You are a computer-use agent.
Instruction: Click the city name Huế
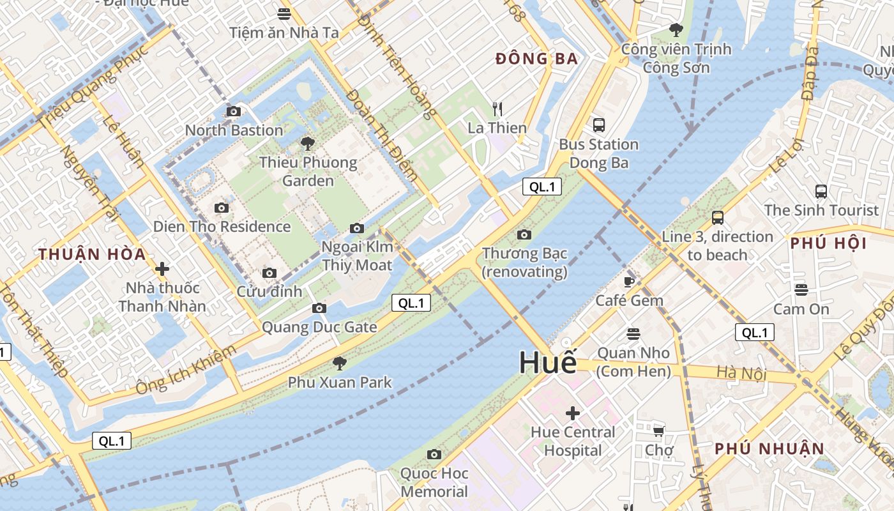tap(547, 363)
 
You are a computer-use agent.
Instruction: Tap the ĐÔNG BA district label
tap(536, 59)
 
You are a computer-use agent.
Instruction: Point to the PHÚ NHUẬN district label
tap(769, 448)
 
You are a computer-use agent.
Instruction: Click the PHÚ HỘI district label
tap(828, 243)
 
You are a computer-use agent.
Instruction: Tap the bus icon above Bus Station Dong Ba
tap(598, 125)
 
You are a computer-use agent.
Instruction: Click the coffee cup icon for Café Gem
tap(629, 282)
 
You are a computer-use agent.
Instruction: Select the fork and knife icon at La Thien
tap(497, 109)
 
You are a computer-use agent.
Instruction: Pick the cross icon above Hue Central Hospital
tap(573, 413)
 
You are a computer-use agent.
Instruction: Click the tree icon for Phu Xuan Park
tap(340, 363)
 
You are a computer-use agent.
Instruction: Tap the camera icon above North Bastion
tap(234, 112)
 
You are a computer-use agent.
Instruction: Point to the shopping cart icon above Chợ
tap(658, 432)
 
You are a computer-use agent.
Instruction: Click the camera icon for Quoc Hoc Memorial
tap(434, 455)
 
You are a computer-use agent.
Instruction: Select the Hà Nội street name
tap(741, 372)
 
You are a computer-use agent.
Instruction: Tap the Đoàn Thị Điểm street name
tap(382, 135)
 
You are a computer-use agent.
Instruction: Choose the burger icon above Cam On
tap(801, 290)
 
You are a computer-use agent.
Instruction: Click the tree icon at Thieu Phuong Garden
tap(308, 144)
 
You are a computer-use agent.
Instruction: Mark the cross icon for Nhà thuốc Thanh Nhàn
tap(162, 269)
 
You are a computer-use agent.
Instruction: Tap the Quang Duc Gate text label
tap(319, 327)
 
